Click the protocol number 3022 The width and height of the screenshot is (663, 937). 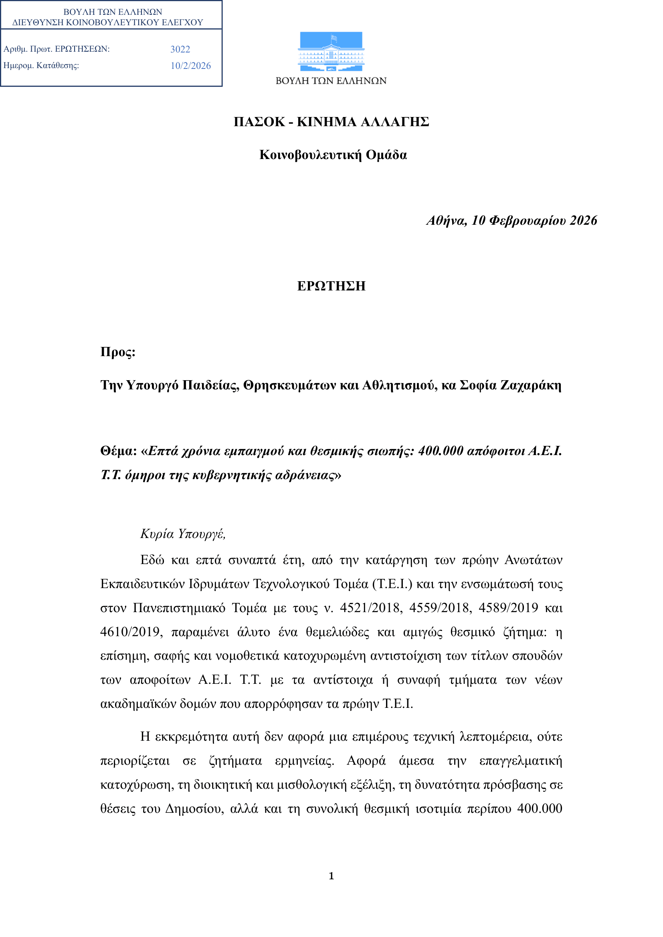click(x=180, y=49)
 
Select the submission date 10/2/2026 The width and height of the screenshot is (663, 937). click(x=191, y=66)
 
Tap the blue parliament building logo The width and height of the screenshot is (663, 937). click(x=331, y=51)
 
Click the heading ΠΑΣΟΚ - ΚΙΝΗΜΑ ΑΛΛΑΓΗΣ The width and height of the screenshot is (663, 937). click(x=331, y=122)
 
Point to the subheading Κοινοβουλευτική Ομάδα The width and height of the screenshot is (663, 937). click(x=333, y=155)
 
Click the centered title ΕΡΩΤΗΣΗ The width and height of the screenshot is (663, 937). click(x=331, y=286)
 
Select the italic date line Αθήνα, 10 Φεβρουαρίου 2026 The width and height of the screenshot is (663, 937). click(x=511, y=220)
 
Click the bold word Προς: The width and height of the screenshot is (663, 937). click(x=117, y=352)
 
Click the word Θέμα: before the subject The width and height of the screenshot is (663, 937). click(x=118, y=451)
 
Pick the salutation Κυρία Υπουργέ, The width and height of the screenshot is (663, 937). click(x=183, y=533)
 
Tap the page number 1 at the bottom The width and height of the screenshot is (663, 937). click(x=331, y=875)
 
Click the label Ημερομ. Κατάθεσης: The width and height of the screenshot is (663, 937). click(x=41, y=65)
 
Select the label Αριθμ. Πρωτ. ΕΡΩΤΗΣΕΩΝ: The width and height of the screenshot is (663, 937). click(x=57, y=49)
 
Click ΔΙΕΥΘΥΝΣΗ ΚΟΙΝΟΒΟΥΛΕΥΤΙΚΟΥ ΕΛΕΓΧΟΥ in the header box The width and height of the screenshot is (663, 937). click(x=108, y=22)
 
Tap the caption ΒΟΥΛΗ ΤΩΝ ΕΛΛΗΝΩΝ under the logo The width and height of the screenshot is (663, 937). click(x=331, y=81)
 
